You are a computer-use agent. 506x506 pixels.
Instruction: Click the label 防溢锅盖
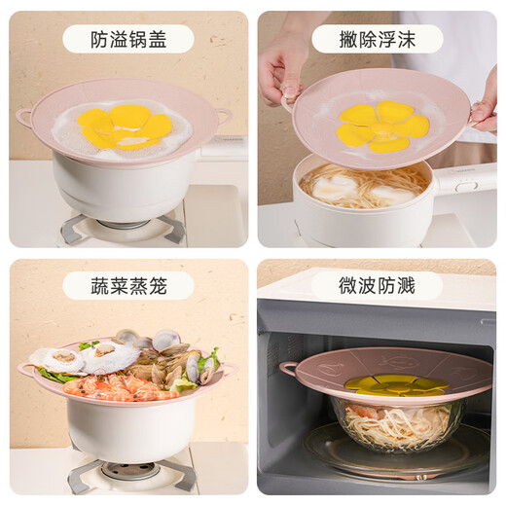coord(128,39)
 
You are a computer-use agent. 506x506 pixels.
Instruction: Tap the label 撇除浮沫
coord(377,39)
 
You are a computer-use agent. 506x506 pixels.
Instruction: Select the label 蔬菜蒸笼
coord(128,285)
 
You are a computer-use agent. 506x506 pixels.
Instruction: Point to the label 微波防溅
coord(377,285)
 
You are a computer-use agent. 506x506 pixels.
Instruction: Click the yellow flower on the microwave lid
coord(394,384)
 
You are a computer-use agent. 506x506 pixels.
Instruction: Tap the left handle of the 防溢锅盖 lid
coord(23,117)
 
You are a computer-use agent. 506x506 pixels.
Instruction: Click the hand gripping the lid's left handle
coord(281,78)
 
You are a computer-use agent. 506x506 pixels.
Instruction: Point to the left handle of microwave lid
coord(288,369)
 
